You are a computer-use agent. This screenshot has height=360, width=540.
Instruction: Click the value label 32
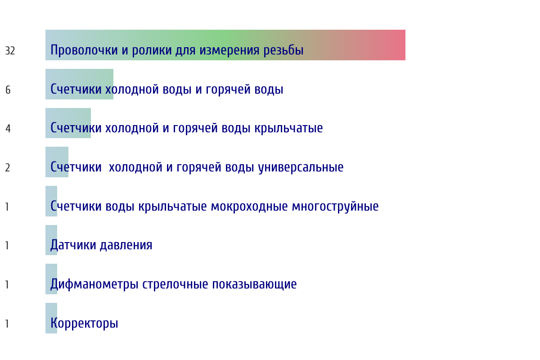point(10,51)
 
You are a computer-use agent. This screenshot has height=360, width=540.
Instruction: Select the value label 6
point(8,90)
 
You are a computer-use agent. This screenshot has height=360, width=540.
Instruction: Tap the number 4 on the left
point(8,129)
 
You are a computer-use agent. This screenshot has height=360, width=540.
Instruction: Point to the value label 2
point(8,167)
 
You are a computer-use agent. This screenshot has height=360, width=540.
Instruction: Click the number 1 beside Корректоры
point(7,324)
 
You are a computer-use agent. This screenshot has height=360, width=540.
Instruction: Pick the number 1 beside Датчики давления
point(7,246)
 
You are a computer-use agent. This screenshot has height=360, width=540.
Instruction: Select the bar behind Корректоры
point(51,318)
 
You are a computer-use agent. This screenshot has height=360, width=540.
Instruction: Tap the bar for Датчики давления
point(51,240)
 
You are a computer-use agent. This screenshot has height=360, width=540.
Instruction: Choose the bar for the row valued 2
point(57,162)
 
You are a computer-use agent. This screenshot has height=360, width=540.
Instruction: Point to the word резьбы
point(283,50)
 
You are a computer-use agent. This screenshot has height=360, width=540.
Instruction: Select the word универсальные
point(301,167)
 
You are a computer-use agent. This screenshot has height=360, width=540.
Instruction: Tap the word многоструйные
point(335,207)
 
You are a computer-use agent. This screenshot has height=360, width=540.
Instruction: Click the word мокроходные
point(249,207)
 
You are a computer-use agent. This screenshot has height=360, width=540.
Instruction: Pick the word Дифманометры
point(94,284)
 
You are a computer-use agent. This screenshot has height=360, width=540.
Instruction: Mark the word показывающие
point(254,284)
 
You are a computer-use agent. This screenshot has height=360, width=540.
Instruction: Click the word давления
point(126,245)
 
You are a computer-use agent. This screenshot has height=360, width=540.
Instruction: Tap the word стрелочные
point(175,284)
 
